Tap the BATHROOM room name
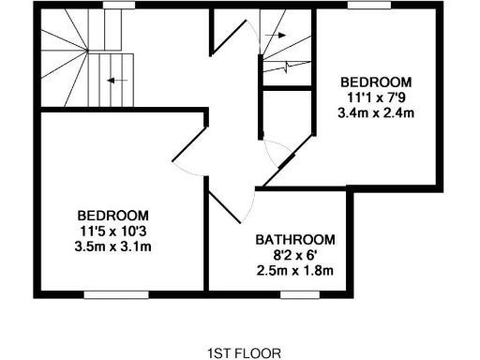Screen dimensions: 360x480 (295, 239)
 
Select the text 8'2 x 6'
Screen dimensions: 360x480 (295, 254)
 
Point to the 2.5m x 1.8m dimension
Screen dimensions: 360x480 (295, 271)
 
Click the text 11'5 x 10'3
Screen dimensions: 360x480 (115, 231)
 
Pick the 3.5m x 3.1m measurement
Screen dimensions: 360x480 (115, 247)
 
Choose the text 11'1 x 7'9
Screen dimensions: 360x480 (375, 97)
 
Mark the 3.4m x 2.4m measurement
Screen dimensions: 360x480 (375, 113)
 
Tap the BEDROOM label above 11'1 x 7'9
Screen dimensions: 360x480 (375, 81)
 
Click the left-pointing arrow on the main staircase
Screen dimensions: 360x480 (117, 81)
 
